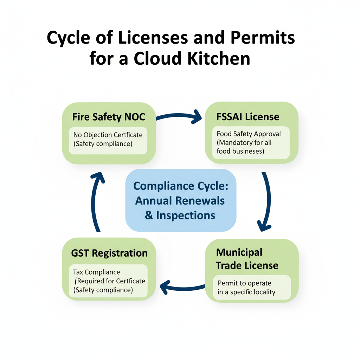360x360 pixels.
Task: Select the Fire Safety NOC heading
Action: point(109,117)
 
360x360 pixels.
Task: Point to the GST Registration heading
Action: point(109,253)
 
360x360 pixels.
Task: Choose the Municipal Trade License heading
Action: point(247,259)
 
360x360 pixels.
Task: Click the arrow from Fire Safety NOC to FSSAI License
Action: point(179,117)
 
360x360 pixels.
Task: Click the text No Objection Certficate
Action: point(108,135)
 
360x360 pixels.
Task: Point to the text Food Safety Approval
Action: point(249,134)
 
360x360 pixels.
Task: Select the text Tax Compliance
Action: point(97,272)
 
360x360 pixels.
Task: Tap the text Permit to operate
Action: point(244,283)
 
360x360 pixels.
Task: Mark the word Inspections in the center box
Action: point(186,215)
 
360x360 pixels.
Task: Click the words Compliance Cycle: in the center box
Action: point(181,186)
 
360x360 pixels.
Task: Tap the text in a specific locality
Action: point(246,292)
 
